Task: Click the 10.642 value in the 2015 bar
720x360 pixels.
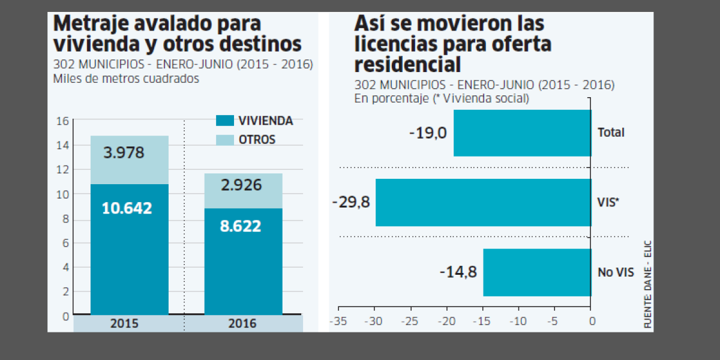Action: coord(127,208)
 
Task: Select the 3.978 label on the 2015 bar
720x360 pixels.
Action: coord(124,152)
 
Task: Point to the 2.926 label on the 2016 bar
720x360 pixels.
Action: coord(241,185)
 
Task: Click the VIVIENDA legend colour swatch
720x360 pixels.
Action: coord(224,121)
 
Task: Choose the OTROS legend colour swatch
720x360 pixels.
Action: coord(224,139)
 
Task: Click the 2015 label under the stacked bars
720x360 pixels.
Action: coord(124,323)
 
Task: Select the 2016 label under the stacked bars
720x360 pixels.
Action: coord(242,323)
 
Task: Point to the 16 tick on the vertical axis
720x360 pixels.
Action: coord(62,121)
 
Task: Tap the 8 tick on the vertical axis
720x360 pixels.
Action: coord(65,219)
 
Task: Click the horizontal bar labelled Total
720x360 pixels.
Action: coord(522,133)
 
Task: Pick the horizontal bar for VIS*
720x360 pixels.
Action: coord(483,202)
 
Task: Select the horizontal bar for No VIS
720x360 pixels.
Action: coord(536,272)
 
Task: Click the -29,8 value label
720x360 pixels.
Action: coord(351,202)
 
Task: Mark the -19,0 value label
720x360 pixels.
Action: coord(428,133)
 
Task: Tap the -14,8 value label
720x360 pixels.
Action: coord(458,272)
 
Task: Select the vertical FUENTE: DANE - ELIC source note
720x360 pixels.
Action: coord(648,283)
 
